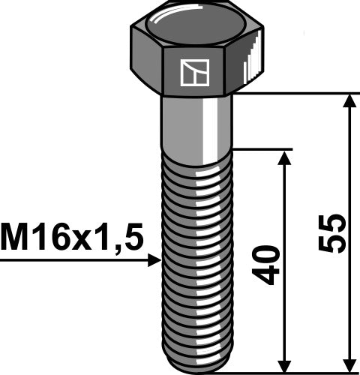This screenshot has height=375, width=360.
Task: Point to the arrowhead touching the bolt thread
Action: click(155, 259)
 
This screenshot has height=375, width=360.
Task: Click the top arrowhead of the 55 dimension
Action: click(349, 101)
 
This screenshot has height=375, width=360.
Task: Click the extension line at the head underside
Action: click(300, 94)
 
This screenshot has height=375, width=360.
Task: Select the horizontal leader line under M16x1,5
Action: click(75, 259)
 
